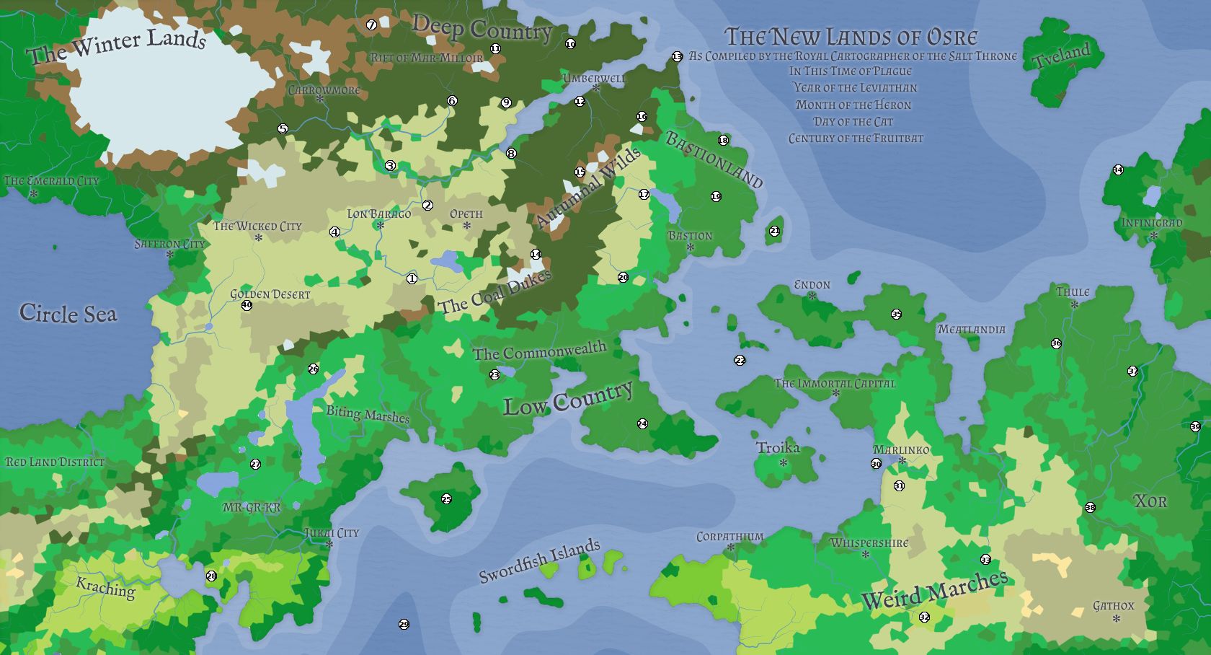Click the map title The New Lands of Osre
(x=851, y=36)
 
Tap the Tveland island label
(x=1063, y=56)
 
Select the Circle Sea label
(x=68, y=313)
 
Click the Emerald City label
(x=51, y=181)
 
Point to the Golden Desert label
(x=270, y=294)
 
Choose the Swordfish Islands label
(x=540, y=561)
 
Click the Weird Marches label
(x=934, y=589)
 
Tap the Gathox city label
(x=1113, y=606)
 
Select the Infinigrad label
(x=1151, y=222)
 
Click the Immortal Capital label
(x=835, y=383)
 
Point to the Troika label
(x=778, y=448)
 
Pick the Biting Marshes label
(x=368, y=414)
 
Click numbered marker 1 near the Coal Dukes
(x=412, y=278)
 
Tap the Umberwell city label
(x=594, y=78)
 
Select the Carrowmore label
(x=324, y=90)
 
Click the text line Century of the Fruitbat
(x=856, y=138)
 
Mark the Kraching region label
(x=105, y=588)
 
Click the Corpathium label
(x=729, y=537)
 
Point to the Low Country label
(x=568, y=400)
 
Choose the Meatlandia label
(x=971, y=329)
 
